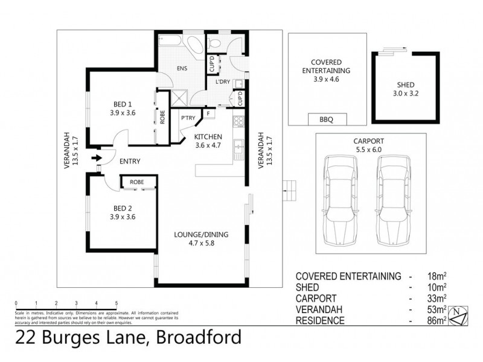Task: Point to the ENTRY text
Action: point(130,161)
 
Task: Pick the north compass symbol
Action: point(460,313)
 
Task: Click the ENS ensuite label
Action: point(181,69)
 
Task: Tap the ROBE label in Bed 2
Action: point(136,181)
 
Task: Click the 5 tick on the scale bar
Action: point(116,303)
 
